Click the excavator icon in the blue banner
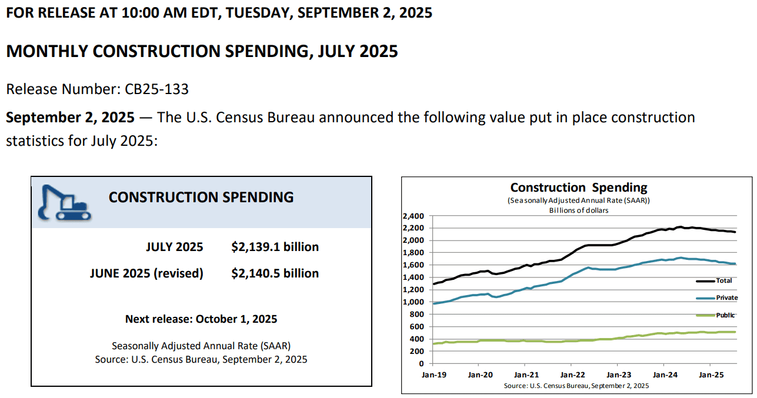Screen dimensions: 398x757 click(64, 203)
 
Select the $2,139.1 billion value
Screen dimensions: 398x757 click(275, 247)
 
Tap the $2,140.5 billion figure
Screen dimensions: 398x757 click(275, 273)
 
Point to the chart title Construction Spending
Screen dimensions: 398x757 click(579, 188)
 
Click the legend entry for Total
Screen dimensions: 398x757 click(723, 281)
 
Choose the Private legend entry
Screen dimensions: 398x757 click(726, 298)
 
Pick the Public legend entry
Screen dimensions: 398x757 click(725, 315)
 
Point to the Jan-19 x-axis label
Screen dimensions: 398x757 click(434, 374)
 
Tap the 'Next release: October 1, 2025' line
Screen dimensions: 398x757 click(201, 319)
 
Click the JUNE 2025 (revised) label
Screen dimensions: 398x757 click(146, 273)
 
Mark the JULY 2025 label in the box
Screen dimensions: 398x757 click(174, 247)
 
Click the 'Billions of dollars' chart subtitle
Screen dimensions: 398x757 click(579, 210)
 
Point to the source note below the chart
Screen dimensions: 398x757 click(576, 386)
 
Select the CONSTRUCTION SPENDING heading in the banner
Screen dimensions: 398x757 click(201, 197)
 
